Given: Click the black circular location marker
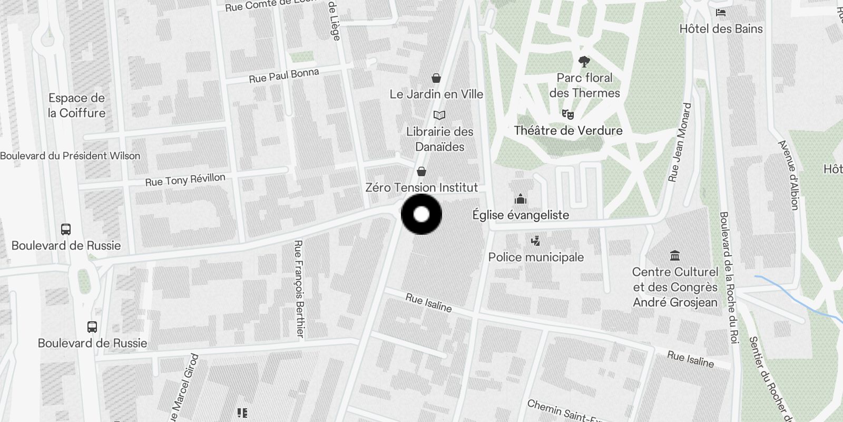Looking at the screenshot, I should point(421,214).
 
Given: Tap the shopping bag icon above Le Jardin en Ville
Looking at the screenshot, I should point(436,79).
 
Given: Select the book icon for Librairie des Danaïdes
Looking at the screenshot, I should point(439,115).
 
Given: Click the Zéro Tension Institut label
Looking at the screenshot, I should point(421,187).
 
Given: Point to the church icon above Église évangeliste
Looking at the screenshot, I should point(521,199).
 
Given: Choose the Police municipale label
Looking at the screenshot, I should point(536,257).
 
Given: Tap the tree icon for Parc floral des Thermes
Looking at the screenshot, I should point(584,62).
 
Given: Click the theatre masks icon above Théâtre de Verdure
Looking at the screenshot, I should point(567,114).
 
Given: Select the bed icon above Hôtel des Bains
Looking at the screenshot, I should point(721,13).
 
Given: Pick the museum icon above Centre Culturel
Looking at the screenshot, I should point(674,256).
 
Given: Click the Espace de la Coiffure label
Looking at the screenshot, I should point(77,105).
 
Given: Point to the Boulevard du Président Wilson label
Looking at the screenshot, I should point(70,156).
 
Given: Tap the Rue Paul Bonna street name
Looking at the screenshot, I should point(283,76).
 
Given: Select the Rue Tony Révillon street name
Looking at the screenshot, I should point(185,180).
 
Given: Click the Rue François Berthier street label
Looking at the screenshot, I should point(299,288).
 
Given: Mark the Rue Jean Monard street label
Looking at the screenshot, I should point(679,142).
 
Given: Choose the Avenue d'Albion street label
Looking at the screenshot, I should point(789,175).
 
